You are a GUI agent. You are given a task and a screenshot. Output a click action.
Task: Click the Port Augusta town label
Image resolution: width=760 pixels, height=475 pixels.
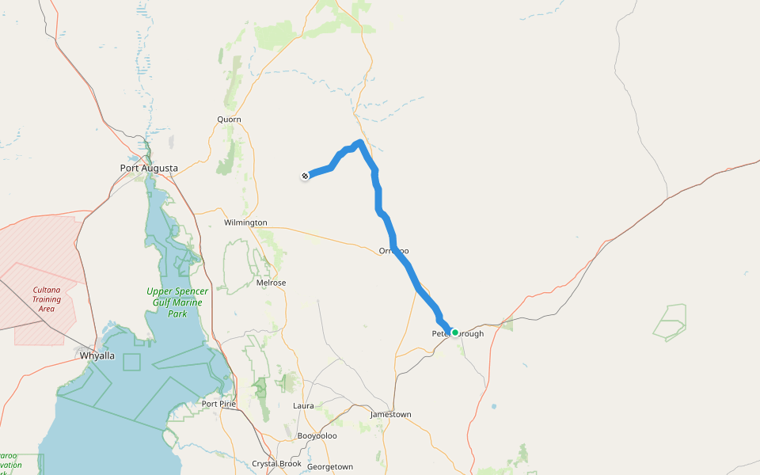149,168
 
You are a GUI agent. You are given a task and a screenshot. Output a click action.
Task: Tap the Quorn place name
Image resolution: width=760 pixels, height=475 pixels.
229,120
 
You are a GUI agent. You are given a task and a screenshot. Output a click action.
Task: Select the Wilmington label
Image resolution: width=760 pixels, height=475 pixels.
245,222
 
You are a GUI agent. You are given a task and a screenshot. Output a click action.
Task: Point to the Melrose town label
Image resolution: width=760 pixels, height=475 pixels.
272,283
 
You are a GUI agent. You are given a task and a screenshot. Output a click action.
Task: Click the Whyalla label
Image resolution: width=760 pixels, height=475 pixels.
97,355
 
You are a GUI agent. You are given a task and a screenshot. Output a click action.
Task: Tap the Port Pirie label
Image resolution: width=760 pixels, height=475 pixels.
220,404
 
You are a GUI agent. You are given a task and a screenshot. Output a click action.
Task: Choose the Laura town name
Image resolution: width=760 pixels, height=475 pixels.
303,406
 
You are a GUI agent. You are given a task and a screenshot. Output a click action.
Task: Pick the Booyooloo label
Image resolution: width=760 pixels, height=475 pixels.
317,436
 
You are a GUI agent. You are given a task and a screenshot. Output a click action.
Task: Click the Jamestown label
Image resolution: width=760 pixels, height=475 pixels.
391,415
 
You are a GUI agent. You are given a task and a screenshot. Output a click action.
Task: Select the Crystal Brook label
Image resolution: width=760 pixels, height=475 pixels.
276,464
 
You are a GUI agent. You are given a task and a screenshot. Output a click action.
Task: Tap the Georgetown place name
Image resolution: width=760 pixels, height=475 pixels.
329,467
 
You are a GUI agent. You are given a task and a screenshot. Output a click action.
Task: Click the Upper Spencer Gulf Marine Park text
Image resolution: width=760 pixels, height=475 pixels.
177,302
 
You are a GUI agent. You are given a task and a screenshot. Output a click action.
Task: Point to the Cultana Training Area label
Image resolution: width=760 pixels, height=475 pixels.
47,299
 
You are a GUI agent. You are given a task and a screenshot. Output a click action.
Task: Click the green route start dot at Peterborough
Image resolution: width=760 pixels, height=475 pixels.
455,332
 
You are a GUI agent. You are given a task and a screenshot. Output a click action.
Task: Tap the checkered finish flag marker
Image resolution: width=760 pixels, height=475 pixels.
306,175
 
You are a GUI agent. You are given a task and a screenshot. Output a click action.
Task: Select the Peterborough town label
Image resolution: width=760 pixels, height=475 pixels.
458,334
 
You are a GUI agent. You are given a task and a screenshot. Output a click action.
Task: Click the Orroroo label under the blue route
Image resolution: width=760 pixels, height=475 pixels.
393,251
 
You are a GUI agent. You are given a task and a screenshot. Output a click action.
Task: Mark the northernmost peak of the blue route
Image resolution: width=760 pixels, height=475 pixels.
360,142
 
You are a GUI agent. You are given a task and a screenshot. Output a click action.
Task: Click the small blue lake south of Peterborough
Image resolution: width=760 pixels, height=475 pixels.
494,407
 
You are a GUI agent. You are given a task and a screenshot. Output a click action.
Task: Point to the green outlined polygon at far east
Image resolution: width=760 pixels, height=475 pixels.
671,321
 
